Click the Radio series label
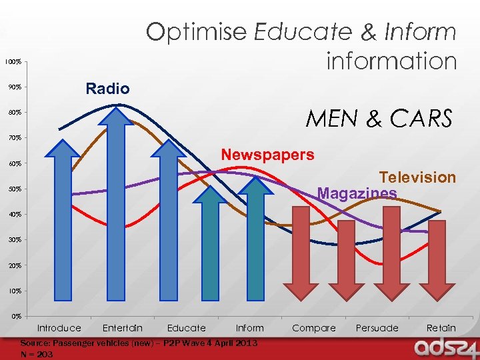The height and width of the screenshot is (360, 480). pos(107,89)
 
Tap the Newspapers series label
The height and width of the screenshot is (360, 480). pos(267,155)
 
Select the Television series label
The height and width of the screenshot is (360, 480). pos(417,177)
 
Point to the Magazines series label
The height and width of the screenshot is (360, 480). pos(357,193)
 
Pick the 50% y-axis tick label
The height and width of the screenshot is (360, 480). pos(13,189)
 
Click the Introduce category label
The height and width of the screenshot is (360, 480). pos(59,328)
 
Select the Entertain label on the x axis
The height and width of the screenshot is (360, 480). pos(123,328)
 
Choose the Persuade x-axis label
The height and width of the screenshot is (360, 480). pos(377,328)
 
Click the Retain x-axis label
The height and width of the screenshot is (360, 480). pos(441,328)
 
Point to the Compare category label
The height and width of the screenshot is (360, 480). pos(314,328)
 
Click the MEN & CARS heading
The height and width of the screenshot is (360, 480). pos(379,119)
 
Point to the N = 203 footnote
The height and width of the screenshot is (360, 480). pos(37,354)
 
